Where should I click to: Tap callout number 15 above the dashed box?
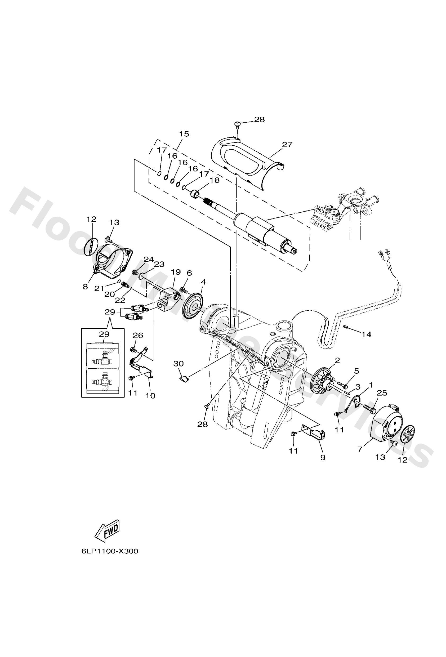pos(184,134)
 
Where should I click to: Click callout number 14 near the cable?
pos(366,334)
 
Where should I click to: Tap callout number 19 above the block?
pos(175,272)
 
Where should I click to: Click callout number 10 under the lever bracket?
pos(150,396)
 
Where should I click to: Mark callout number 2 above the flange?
pos(337,360)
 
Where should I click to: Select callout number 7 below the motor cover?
pos(360,449)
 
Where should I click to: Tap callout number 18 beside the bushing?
pos(215,180)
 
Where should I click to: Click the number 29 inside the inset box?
pos(104,334)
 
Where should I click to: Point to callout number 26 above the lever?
pos(138,335)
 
